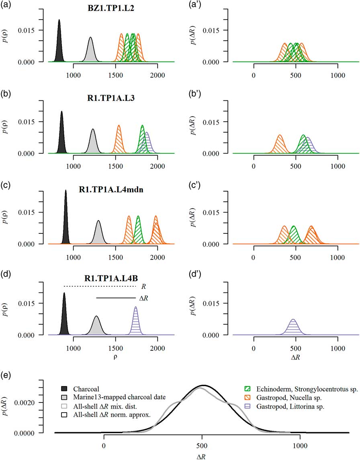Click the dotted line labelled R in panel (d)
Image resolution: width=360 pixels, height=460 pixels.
(100, 286)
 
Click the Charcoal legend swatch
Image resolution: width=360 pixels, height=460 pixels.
(65, 389)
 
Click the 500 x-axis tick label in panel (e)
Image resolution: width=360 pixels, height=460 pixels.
(201, 445)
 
